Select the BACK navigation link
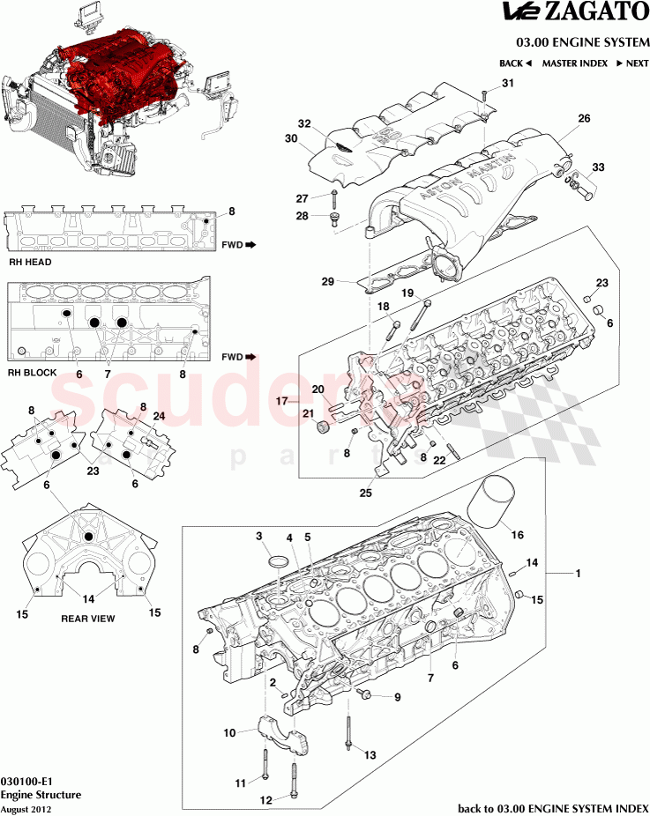(515, 63)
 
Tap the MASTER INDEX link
(574, 63)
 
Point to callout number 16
(518, 534)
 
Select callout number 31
(507, 83)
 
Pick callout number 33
(599, 167)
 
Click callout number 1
(579, 574)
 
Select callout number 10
(229, 732)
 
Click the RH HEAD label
(30, 262)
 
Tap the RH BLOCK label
(32, 373)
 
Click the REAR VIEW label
(87, 619)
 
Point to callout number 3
(259, 536)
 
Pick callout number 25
(365, 493)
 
